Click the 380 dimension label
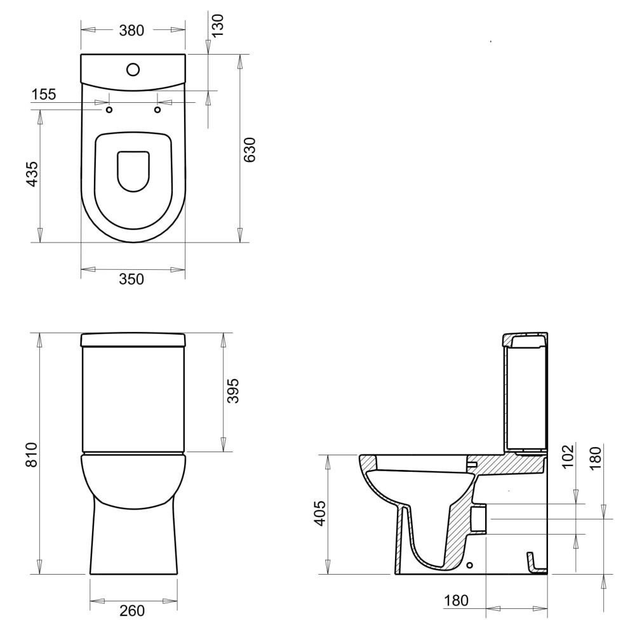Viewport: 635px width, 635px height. pos(131,30)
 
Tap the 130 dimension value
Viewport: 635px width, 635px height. pos(217,26)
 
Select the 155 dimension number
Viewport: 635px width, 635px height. pos(44,95)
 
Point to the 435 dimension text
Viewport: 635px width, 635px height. pos(32,174)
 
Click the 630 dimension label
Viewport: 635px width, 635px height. pos(250,150)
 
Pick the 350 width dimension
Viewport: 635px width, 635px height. pos(131,279)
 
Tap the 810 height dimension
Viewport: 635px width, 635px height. pos(32,455)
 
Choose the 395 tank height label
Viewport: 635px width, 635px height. pos(233,391)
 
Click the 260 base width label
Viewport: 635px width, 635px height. pos(133,611)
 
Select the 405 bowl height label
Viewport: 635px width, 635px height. pos(320,514)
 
